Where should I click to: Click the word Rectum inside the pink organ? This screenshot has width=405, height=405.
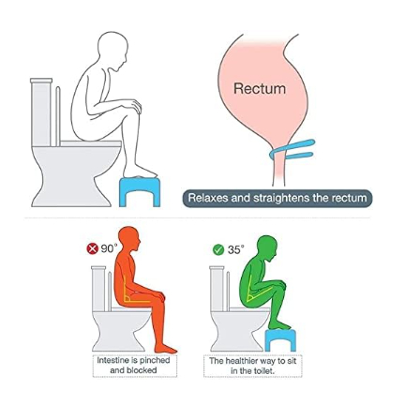click(260, 88)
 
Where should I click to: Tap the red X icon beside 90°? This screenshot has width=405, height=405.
click(92, 249)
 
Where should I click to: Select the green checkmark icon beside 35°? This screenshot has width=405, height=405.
click(218, 250)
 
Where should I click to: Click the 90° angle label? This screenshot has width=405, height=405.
click(109, 248)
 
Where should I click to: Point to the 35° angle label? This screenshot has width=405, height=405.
click(235, 249)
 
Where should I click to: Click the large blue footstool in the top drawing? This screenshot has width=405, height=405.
click(140, 191)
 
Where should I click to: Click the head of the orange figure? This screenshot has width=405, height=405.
click(128, 239)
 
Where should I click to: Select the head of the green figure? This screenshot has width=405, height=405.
click(267, 247)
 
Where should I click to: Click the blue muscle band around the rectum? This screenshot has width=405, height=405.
click(292, 150)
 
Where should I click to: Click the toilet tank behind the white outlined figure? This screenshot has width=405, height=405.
click(41, 112)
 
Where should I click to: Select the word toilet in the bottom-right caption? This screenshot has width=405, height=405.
click(265, 371)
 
